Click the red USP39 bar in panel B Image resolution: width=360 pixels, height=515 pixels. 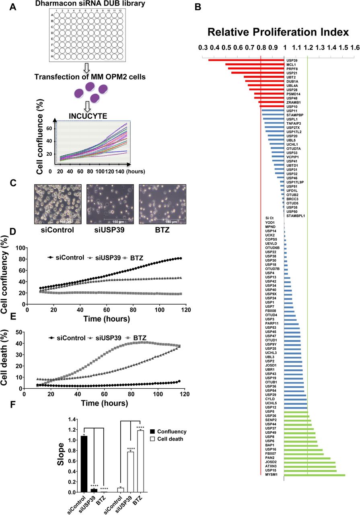click(246, 60)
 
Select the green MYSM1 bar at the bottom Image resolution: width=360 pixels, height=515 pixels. click(315, 475)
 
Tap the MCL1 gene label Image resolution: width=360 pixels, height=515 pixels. click(291, 64)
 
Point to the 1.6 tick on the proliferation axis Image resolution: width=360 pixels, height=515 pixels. click(355, 47)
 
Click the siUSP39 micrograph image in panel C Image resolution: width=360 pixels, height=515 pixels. click(110, 204)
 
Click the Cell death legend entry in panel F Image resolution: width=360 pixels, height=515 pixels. click(169, 439)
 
